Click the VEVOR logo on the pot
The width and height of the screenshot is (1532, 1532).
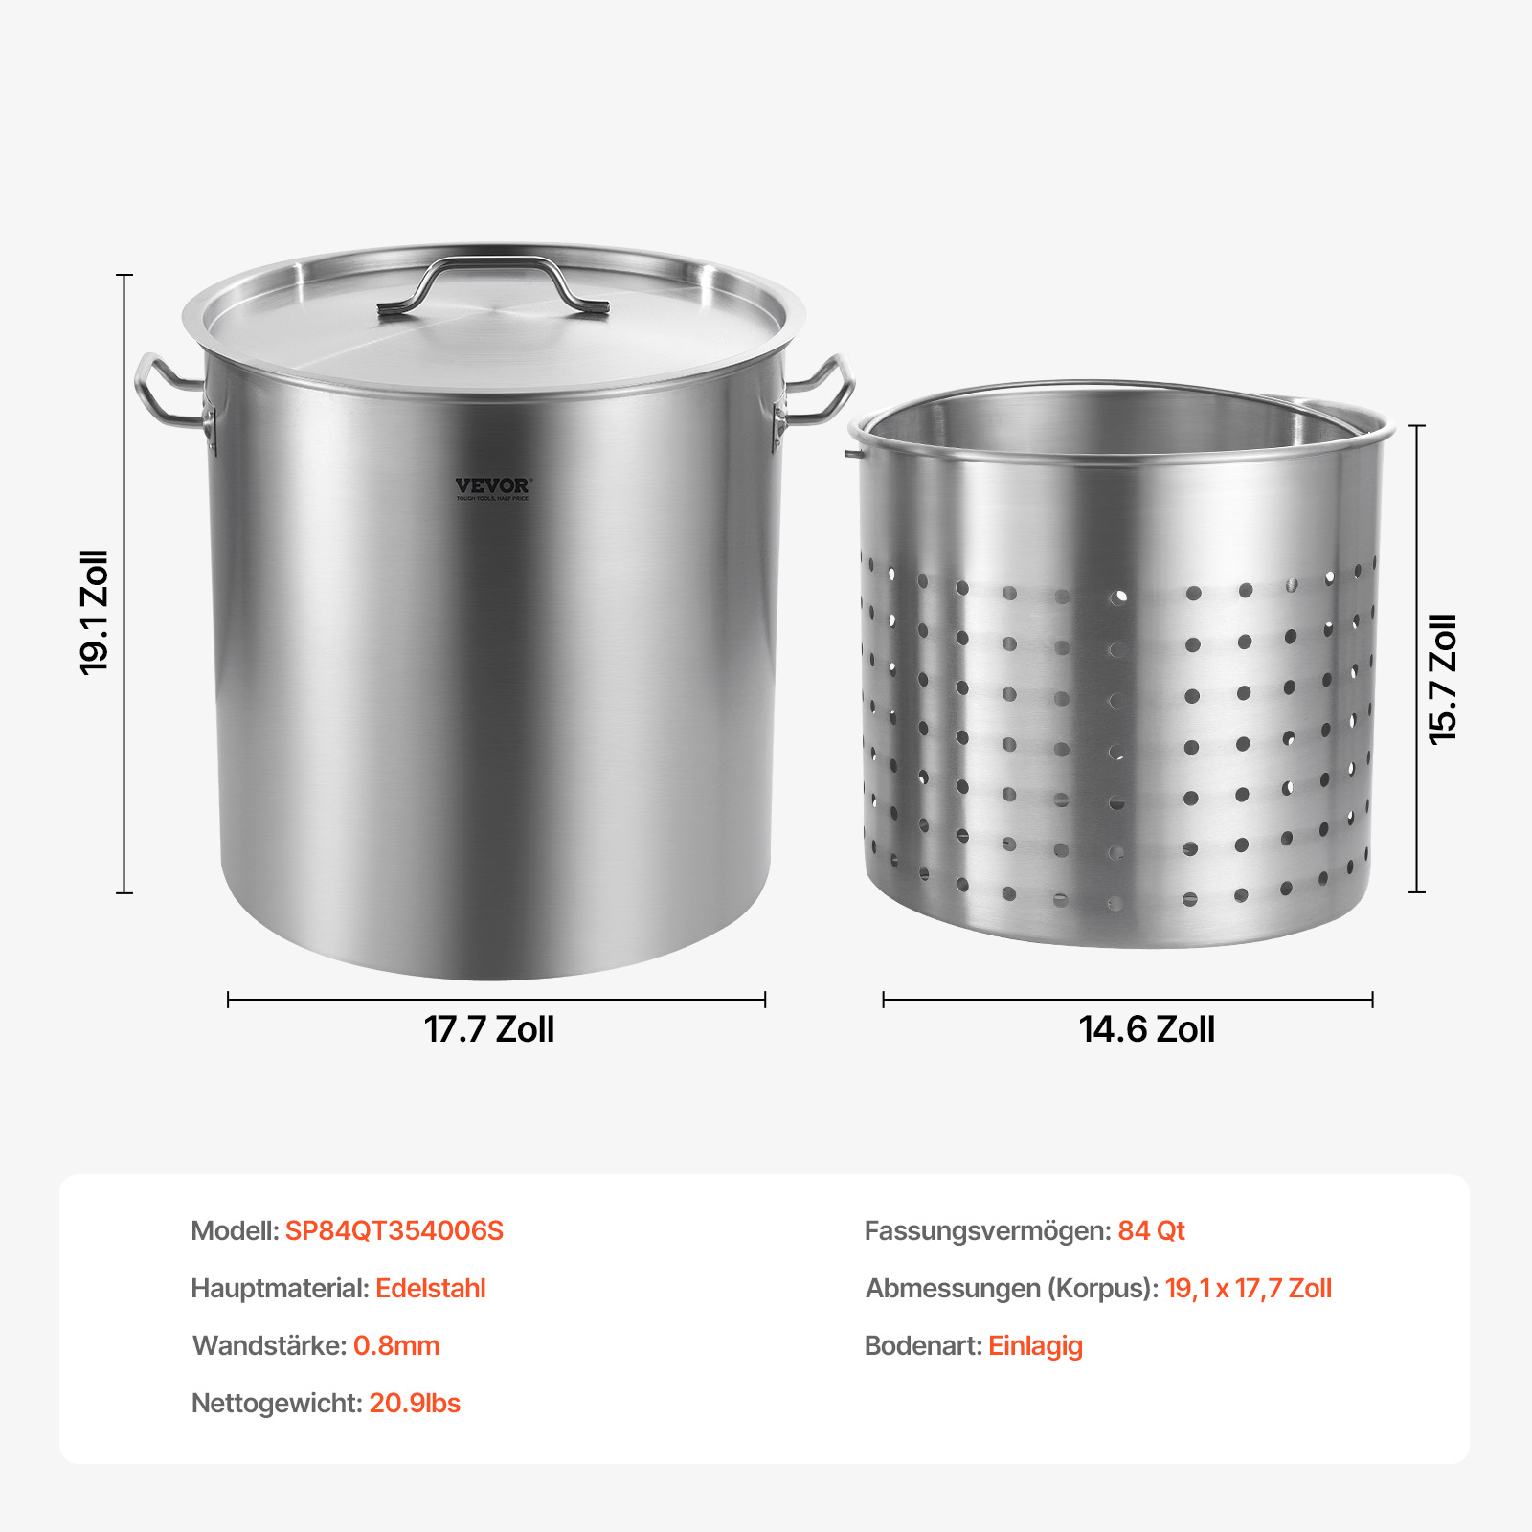492,488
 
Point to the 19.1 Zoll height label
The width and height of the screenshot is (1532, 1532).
94,613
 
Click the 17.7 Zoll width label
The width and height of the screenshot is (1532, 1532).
489,1029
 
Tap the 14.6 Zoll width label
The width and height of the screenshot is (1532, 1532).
1147,1029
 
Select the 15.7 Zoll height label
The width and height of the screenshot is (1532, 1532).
1443,679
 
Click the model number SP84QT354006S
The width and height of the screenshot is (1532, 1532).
394,1230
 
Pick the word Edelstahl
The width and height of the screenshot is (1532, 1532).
431,1288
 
